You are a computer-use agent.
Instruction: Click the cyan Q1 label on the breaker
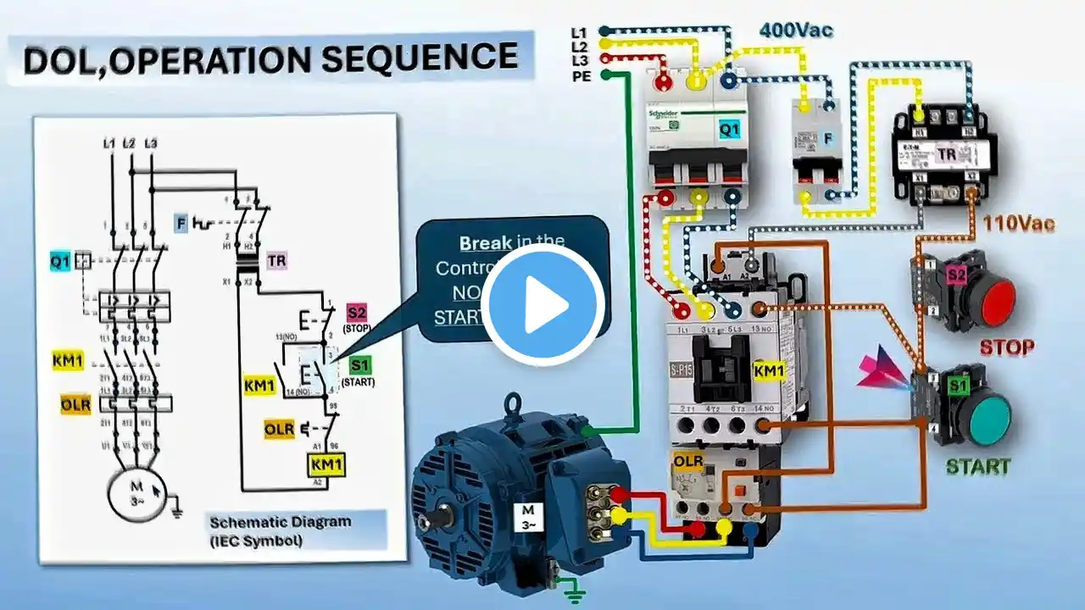tap(728, 130)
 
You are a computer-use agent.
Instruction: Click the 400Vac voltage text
tap(796, 31)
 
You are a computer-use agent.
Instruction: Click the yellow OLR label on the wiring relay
tap(687, 461)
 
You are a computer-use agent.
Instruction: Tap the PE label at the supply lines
tap(580, 76)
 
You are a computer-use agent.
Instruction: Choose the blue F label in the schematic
tap(181, 224)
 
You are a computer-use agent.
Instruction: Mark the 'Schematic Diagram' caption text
tap(280, 522)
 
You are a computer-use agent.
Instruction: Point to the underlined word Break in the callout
tap(485, 243)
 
